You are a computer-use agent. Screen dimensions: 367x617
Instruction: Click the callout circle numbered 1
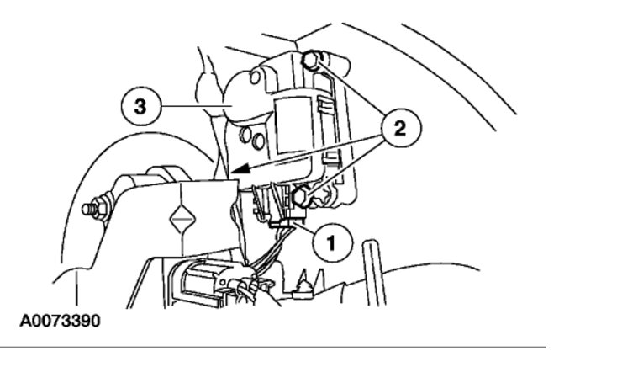[330, 244]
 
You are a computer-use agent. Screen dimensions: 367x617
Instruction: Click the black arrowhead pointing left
[242, 171]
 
